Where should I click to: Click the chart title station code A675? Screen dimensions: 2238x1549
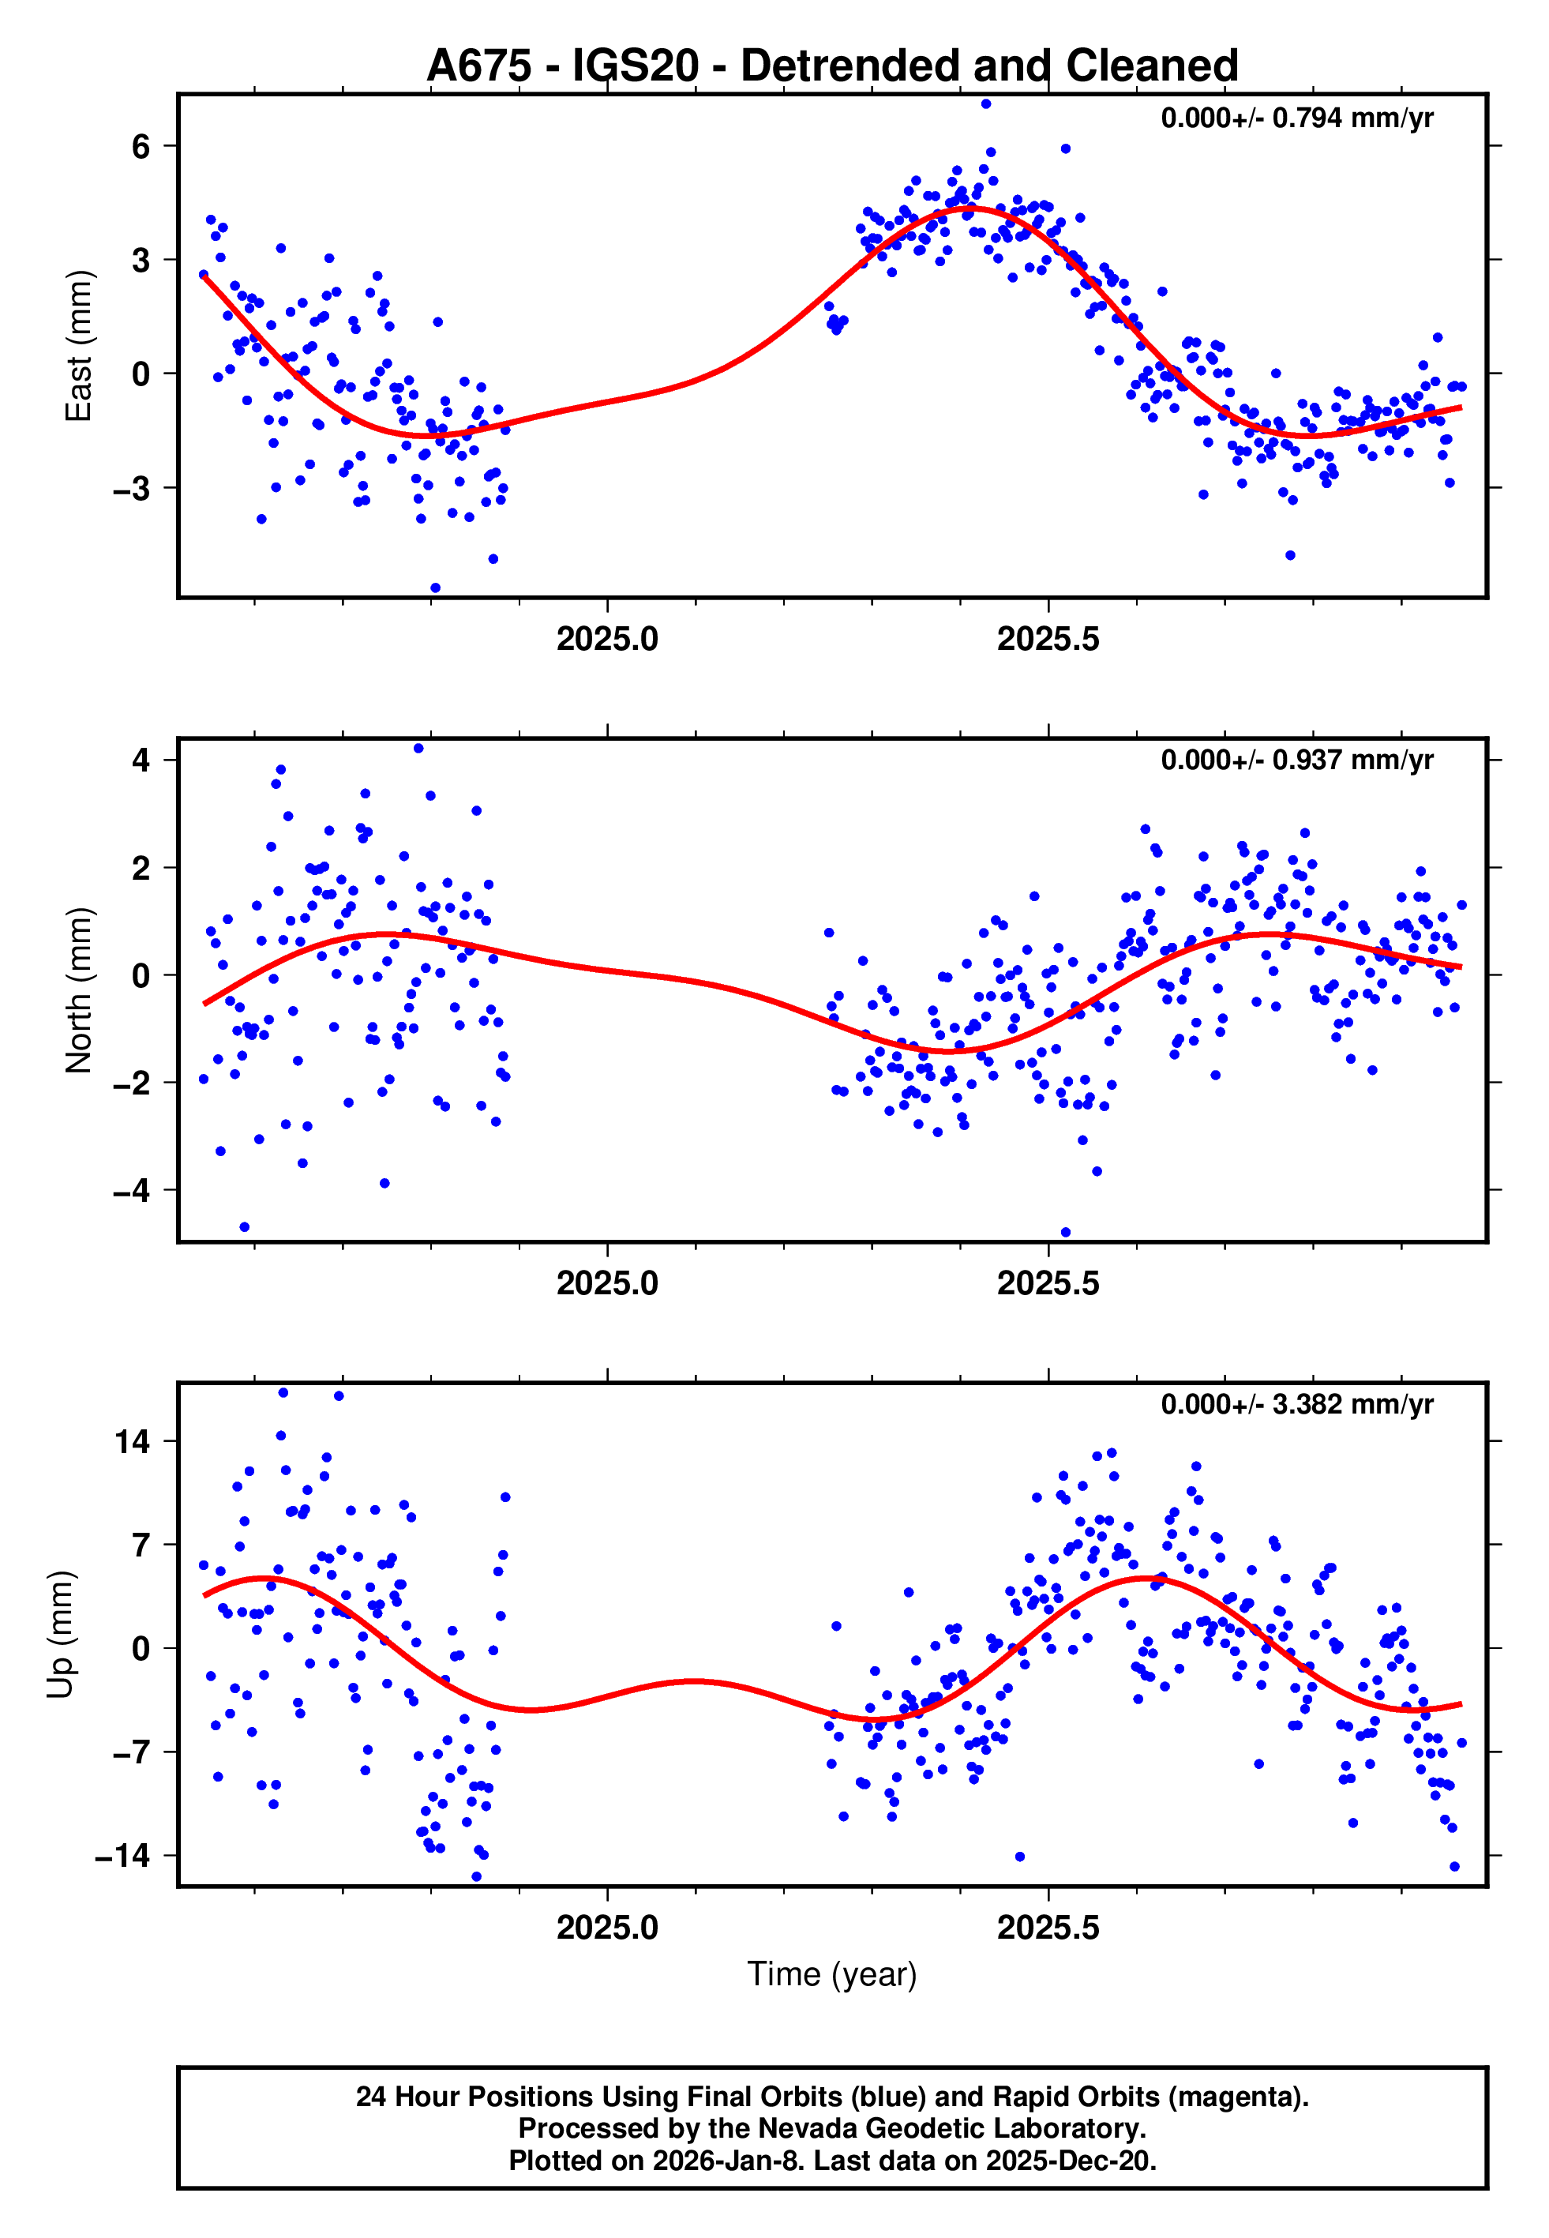point(478,66)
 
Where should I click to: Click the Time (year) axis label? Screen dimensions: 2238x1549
point(832,1973)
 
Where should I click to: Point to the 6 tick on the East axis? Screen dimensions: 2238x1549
point(141,147)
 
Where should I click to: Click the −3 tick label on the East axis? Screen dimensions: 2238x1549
point(132,488)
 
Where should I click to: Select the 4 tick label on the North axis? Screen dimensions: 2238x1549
point(141,760)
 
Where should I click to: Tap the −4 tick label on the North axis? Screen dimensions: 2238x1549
point(132,1190)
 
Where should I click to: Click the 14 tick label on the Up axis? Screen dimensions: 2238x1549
point(133,1441)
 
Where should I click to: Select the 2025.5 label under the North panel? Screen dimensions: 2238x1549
point(1048,1283)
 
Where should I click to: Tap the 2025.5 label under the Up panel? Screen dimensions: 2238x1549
point(1048,1928)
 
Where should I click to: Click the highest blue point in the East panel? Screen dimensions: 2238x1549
point(986,103)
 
